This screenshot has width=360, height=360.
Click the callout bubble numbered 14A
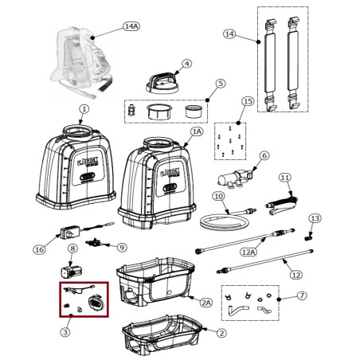[x=131, y=26]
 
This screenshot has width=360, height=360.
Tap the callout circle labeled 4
[x=186, y=63]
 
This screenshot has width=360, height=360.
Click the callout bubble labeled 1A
[x=198, y=131]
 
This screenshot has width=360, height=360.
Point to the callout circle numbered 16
[x=39, y=249]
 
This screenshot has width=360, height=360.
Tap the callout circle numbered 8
[x=72, y=248]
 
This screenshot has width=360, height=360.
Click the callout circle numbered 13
[x=315, y=218]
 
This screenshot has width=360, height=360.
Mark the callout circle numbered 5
[x=221, y=84]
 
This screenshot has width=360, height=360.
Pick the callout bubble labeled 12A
[x=247, y=252]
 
